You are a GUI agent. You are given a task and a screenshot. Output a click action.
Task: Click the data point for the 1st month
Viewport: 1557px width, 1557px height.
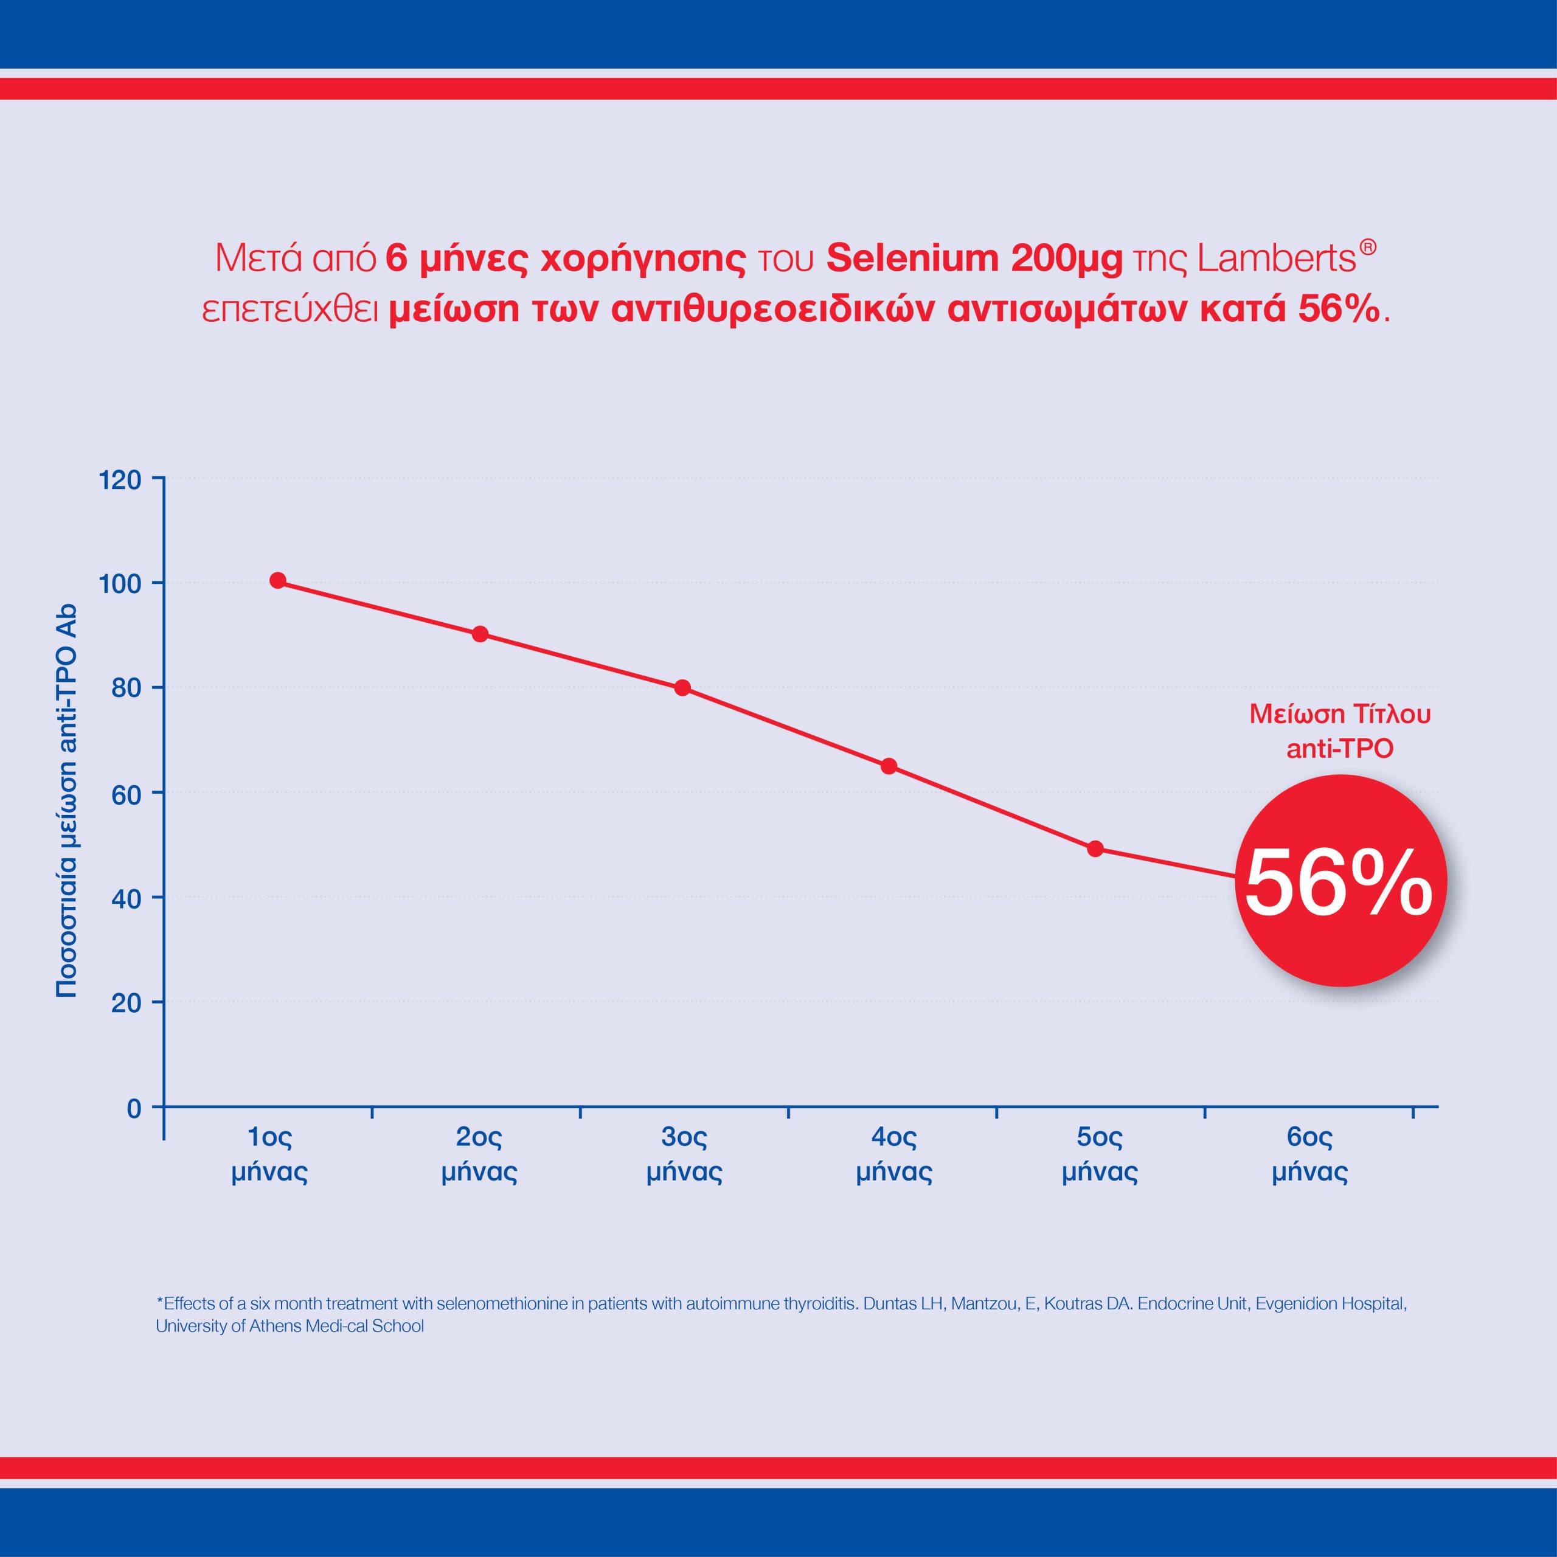click(278, 580)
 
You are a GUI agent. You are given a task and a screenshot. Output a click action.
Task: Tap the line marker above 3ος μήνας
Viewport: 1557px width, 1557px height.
click(682, 687)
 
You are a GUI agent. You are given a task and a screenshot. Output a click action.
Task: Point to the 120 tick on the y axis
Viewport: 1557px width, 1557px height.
click(120, 480)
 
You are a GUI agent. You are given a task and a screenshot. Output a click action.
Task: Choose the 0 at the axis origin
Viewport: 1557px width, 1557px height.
click(134, 1109)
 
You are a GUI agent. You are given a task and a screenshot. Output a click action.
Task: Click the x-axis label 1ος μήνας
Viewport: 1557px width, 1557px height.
click(270, 1154)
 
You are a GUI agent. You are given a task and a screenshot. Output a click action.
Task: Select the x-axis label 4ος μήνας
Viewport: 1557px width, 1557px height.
click(893, 1154)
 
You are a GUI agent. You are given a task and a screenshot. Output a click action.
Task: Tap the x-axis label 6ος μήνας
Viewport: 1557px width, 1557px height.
click(1309, 1154)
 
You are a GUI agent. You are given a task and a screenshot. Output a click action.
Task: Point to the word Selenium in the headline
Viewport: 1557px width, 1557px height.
click(912, 258)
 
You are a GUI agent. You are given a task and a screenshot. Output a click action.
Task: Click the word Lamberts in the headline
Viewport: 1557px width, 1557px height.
click(1277, 258)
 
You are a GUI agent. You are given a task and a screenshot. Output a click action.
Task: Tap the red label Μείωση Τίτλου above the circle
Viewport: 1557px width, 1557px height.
click(1339, 714)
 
